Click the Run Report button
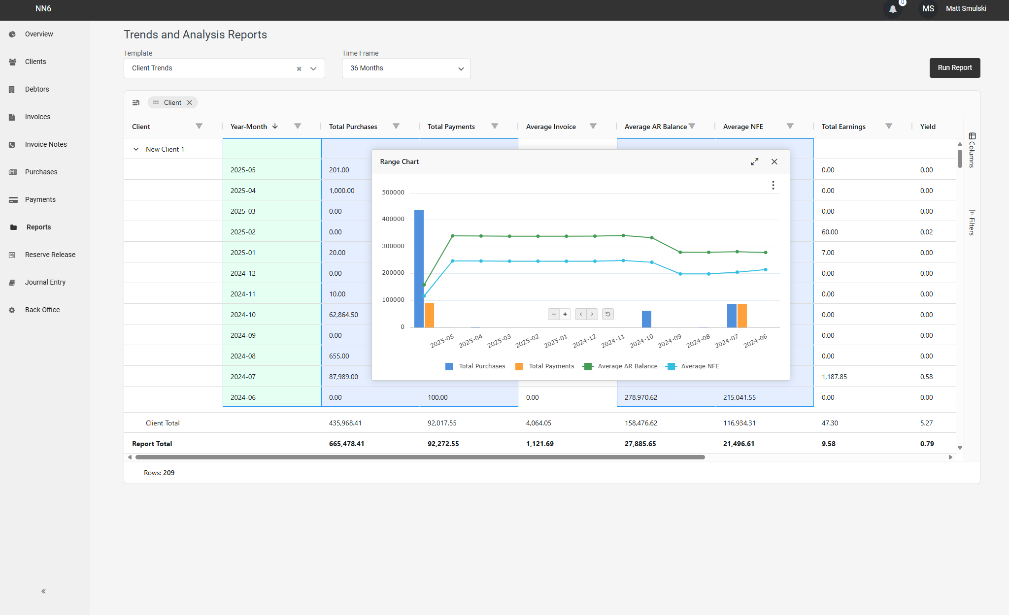[954, 68]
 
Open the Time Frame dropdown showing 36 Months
[406, 68]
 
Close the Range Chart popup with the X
[774, 162]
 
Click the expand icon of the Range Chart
[754, 162]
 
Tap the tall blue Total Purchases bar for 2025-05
[419, 268]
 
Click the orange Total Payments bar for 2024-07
[742, 316]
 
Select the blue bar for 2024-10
[646, 319]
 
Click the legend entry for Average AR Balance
[620, 366]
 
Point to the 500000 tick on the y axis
[393, 193]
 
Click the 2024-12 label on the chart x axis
[584, 341]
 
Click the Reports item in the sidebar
[38, 227]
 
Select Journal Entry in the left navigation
[45, 282]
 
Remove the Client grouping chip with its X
[189, 102]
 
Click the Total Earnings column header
[843, 127]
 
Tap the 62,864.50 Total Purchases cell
[343, 315]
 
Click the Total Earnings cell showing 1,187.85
[834, 377]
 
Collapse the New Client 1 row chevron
[136, 149]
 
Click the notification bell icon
[893, 9]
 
